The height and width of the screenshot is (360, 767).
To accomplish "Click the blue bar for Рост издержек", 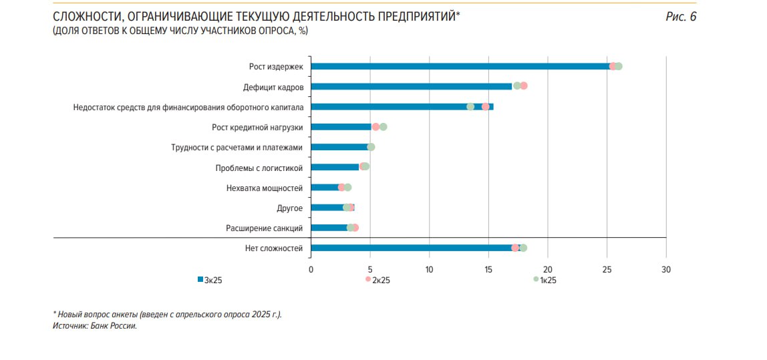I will pos(461,66).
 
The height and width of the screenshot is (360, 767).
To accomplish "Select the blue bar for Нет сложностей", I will pos(414,248).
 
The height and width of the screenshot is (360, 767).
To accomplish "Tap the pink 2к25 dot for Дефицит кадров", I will pos(524,85).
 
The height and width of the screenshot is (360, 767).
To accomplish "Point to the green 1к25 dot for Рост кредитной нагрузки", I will pos(383,127).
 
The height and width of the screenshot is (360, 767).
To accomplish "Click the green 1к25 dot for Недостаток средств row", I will pos(470,107).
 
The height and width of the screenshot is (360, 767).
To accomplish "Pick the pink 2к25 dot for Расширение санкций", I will pos(355,228).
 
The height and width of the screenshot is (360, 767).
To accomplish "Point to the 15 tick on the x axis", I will pos(488,269).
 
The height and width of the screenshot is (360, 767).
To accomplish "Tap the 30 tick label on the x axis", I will pos(665,269).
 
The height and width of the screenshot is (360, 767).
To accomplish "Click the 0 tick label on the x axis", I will pos(311,269).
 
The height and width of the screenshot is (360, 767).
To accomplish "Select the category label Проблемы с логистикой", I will pos(259,168).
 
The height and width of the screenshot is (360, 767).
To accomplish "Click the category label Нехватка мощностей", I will pos(265,188).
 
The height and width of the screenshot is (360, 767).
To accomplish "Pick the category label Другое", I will pos(289,208).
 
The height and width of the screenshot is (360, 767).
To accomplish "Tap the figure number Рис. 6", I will pos(681,17).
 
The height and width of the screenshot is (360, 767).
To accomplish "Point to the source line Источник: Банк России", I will pos(94,326).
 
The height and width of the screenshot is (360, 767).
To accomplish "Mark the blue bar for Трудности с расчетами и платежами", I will pos(339,147).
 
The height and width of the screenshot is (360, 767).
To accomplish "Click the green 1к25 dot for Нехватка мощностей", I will pos(347,188).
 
